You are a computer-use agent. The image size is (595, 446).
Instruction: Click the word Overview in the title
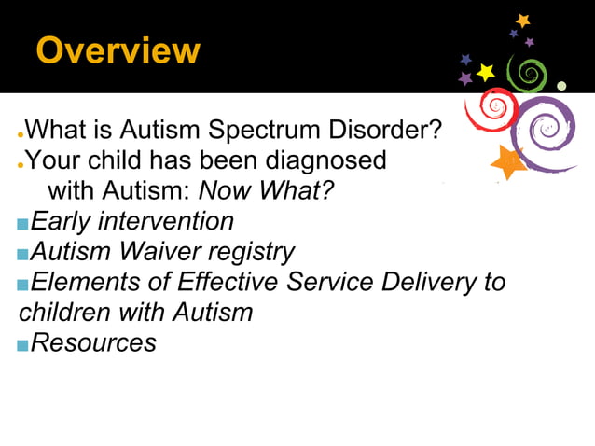point(118,50)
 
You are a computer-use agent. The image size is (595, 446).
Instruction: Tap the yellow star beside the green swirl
point(486,72)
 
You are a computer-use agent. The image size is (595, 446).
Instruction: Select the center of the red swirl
point(492,108)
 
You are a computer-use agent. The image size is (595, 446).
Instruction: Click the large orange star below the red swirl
point(508,162)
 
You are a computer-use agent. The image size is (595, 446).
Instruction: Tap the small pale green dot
point(561,86)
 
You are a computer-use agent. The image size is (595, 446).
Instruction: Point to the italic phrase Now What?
point(267,191)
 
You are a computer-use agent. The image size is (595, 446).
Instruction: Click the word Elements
point(89,282)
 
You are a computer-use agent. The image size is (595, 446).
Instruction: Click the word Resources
point(93,342)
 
